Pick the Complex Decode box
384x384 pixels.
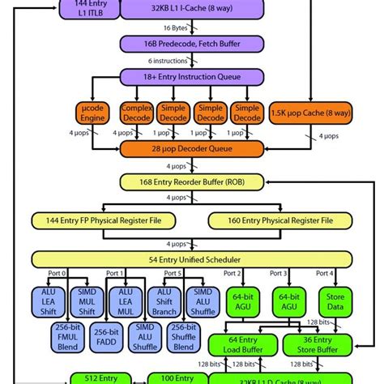[137, 112]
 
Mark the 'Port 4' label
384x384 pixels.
[326, 274]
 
